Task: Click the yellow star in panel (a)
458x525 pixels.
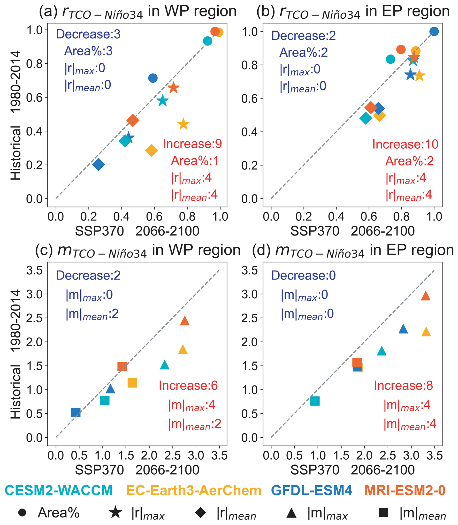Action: click(183, 124)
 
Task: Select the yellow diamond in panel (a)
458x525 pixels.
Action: click(151, 150)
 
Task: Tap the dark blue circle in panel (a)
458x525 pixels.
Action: click(153, 78)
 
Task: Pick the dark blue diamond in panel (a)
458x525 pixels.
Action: click(99, 164)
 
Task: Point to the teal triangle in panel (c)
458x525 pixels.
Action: click(165, 365)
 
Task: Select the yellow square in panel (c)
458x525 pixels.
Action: click(132, 383)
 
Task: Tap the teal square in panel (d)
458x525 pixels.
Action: click(315, 401)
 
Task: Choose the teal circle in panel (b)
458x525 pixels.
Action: click(390, 59)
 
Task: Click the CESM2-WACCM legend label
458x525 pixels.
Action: click(59, 490)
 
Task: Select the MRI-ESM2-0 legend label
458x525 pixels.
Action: click(405, 490)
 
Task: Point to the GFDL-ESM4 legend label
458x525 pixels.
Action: click(312, 490)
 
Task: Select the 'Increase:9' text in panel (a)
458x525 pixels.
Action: click(192, 144)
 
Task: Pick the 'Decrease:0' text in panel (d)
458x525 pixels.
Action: click(303, 275)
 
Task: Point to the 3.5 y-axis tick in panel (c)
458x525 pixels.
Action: click(34, 270)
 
